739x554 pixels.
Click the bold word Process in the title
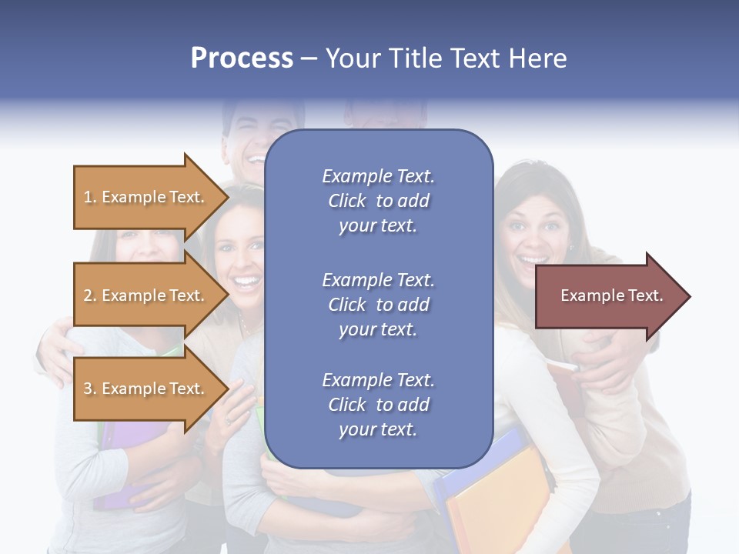point(242,58)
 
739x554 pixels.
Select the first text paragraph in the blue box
point(378,201)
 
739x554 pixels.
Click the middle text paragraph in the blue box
point(378,305)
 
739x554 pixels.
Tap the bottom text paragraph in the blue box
point(378,405)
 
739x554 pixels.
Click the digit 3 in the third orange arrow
point(87,389)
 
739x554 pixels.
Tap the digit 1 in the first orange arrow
point(87,197)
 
